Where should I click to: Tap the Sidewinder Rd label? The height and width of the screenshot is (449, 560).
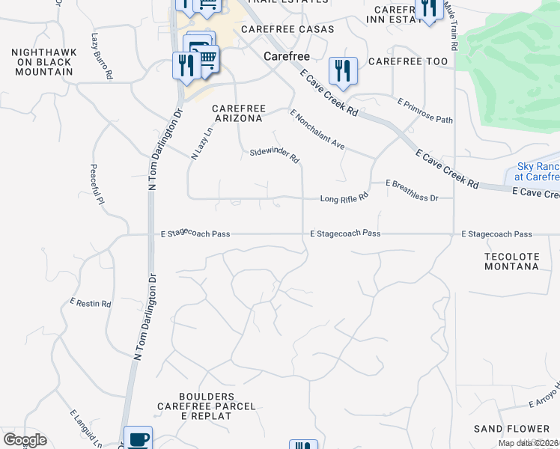[x=275, y=155]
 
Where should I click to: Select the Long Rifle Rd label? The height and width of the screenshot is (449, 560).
[x=344, y=198]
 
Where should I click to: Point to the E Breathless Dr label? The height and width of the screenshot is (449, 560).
[x=411, y=190]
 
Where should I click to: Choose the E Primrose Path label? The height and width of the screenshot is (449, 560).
[x=425, y=110]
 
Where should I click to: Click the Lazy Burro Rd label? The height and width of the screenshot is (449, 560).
[x=102, y=56]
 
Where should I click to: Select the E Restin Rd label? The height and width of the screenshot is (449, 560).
[x=91, y=304]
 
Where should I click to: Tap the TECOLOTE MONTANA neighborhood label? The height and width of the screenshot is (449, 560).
[x=511, y=260]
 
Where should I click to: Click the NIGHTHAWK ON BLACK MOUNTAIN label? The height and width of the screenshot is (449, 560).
[x=42, y=62]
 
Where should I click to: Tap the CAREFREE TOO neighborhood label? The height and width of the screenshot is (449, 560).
[x=408, y=61]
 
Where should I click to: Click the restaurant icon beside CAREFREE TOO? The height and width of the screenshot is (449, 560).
[x=343, y=71]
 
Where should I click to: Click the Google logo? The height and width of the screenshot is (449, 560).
[x=25, y=440]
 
